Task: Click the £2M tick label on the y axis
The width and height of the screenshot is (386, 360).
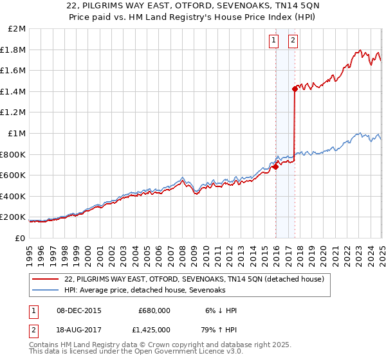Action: point(17,29)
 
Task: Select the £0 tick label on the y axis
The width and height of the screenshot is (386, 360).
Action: point(20,238)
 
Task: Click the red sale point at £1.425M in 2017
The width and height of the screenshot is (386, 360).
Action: point(295,89)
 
